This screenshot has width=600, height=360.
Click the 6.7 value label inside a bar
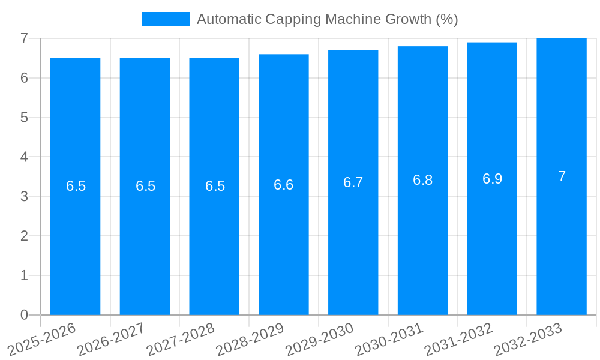tap(353, 182)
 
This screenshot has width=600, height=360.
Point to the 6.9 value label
tap(492, 179)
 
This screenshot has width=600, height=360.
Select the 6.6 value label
tap(284, 185)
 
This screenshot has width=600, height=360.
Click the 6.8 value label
tap(422, 180)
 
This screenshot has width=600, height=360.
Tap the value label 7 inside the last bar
tap(562, 176)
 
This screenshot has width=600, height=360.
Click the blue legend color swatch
tap(165, 19)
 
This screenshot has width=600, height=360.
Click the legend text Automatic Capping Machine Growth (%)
tap(327, 19)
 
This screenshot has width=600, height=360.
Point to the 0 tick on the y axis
tap(24, 315)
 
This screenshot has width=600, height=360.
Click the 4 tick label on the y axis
tap(24, 157)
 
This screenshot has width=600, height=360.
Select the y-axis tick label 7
tap(24, 38)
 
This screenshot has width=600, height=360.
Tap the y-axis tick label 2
tap(24, 236)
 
